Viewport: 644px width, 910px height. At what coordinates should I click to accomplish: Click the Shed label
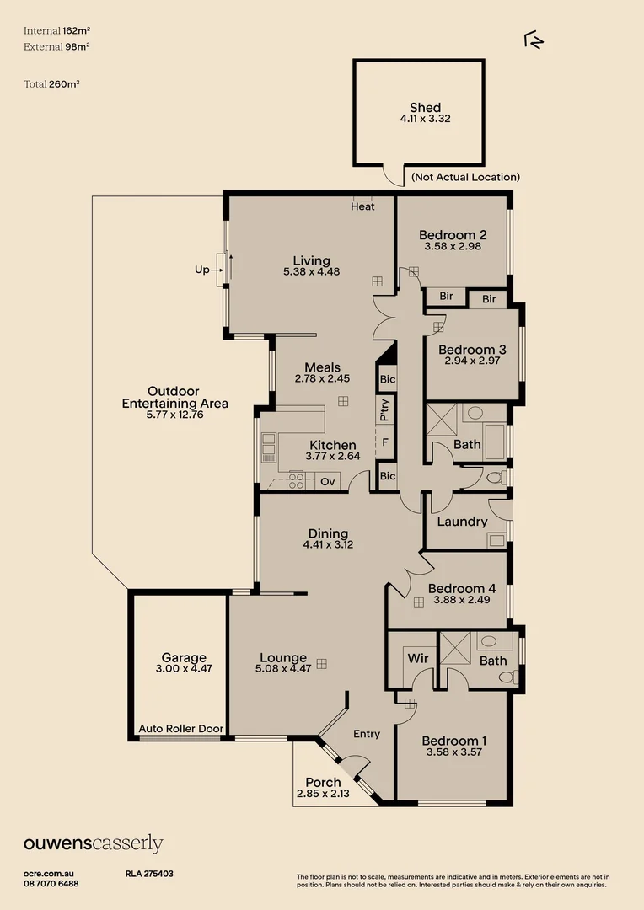[425, 107]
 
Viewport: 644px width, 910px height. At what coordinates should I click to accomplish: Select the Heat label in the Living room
[362, 206]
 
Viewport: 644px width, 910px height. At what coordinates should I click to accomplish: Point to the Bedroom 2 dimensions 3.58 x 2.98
[453, 247]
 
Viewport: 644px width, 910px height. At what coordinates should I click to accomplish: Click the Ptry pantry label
[385, 411]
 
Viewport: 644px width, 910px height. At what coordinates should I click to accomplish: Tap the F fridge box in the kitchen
[385, 441]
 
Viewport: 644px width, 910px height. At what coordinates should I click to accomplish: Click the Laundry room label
[462, 522]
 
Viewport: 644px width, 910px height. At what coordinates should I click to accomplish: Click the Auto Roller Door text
[180, 729]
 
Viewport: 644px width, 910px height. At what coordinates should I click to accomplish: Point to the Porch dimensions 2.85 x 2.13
[323, 794]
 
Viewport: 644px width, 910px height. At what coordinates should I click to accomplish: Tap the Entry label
[367, 734]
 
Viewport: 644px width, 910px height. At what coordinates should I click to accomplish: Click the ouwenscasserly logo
[93, 843]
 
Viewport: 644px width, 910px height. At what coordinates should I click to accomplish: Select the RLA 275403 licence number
[149, 875]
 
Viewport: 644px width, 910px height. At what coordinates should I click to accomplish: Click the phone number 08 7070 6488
[51, 883]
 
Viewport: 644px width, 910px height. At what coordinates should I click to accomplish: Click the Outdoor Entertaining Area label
[174, 397]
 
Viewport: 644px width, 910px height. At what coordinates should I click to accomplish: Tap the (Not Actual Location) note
[465, 177]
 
